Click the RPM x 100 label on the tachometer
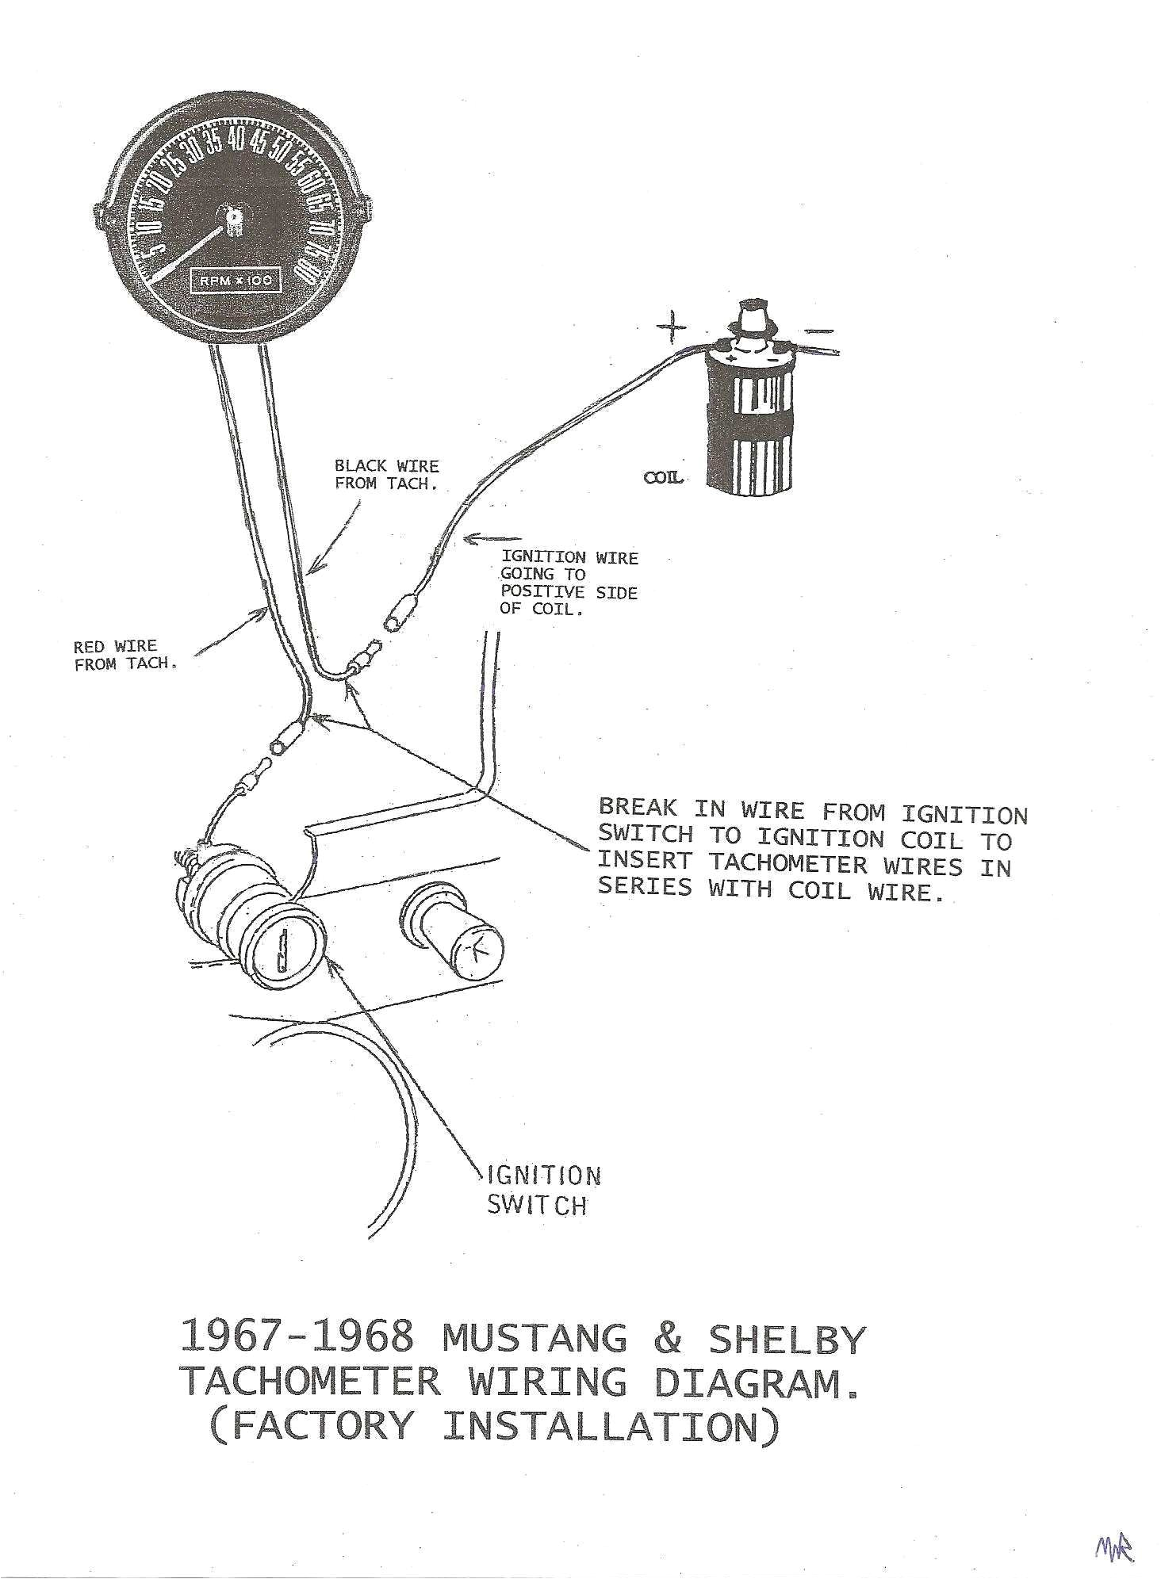[235, 281]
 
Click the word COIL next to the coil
[664, 479]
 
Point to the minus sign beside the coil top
[819, 331]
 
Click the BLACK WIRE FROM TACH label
[387, 475]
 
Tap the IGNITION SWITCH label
[542, 1191]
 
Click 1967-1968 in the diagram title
[297, 1336]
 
